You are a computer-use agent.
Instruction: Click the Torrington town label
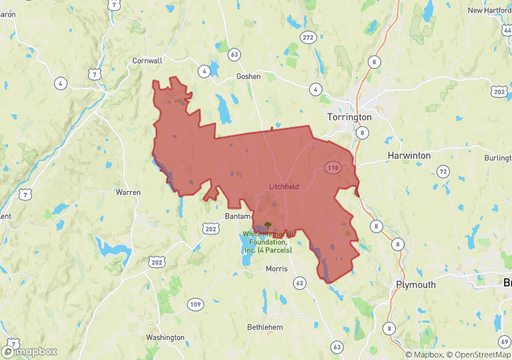(349, 117)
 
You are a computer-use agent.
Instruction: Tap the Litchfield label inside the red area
(283, 186)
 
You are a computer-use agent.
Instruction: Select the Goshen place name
(248, 77)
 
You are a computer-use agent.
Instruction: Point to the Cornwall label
(148, 61)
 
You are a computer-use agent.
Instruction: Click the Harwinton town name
(409, 156)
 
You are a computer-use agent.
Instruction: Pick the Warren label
(128, 192)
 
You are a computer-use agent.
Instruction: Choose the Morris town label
(276, 268)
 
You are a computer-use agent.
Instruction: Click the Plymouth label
(415, 285)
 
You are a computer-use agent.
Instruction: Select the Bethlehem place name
(265, 327)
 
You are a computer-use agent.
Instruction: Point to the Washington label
(165, 338)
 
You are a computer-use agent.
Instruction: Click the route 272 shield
(308, 37)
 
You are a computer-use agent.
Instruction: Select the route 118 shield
(333, 167)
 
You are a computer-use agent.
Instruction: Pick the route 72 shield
(443, 172)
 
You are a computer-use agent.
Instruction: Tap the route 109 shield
(195, 305)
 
